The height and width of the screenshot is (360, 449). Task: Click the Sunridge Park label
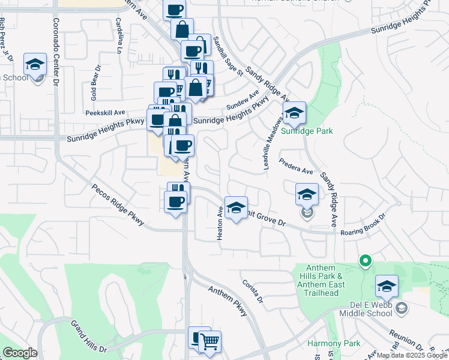pos(307,131)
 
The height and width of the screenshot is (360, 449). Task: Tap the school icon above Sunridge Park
pos(294,113)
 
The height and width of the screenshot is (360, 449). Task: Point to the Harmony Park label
pos(334,344)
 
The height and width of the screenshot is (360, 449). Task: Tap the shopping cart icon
pos(209,342)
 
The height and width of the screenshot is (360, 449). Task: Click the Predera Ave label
pos(297,166)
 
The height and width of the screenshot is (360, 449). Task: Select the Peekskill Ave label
pos(105,112)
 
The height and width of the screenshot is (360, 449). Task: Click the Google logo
pos(20,353)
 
